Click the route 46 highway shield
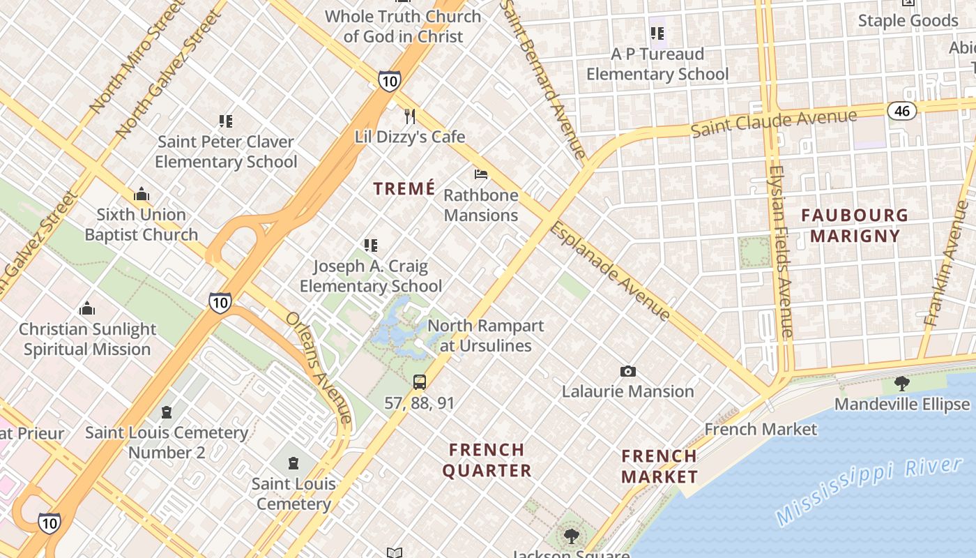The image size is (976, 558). click(x=901, y=110)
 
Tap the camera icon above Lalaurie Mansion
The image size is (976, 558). click(x=628, y=371)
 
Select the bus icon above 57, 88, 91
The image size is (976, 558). click(x=419, y=382)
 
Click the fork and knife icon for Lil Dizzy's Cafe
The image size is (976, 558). click(x=410, y=116)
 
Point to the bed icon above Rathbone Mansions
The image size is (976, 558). click(x=481, y=174)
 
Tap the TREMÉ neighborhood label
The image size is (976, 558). click(x=404, y=189)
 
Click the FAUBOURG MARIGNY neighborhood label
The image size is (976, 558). click(x=855, y=225)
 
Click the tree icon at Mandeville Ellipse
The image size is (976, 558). click(x=901, y=383)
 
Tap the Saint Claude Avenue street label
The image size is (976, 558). click(x=773, y=123)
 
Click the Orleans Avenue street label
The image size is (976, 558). click(x=318, y=367)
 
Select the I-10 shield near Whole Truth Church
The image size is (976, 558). click(x=390, y=81)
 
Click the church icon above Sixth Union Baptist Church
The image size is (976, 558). click(x=142, y=193)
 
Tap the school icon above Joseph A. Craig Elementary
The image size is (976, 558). click(x=371, y=245)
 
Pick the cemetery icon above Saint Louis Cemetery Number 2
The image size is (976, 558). click(x=166, y=412)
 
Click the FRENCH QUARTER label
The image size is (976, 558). click(x=487, y=460)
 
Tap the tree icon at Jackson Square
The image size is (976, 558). click(x=571, y=536)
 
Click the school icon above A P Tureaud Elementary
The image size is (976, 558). click(x=657, y=33)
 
